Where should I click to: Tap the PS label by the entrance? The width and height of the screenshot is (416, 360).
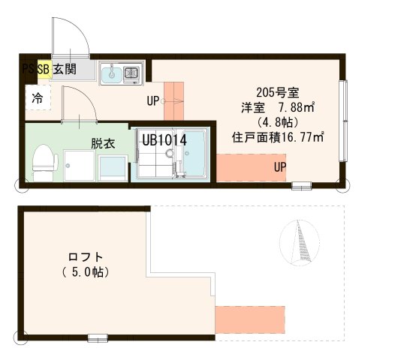28,70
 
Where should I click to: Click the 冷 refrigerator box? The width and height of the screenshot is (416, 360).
36,97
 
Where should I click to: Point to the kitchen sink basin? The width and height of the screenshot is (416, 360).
112,73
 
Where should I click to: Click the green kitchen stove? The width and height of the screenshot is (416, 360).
132,73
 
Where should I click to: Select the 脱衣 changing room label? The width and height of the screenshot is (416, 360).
103,142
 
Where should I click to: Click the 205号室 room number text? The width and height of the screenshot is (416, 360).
278,93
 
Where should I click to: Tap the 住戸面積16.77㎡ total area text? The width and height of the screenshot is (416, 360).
278,136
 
